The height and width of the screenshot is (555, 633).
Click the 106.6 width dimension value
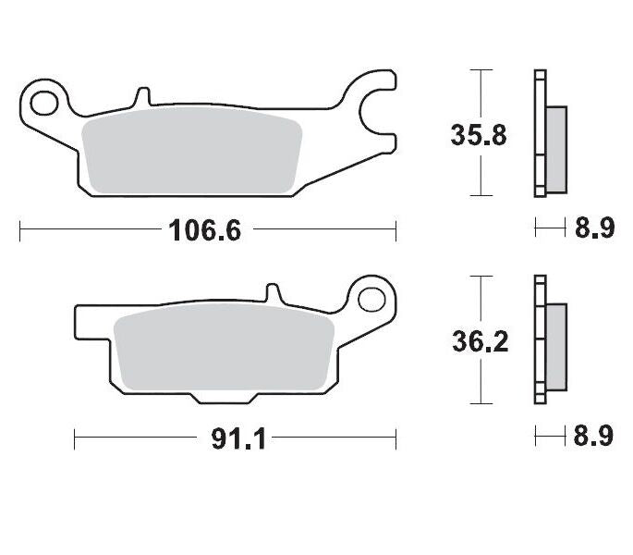[204, 229]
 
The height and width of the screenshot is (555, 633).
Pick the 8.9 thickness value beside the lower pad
[594, 436]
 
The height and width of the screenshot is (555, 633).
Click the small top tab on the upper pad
[141, 96]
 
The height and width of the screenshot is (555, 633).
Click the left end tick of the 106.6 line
[20, 229]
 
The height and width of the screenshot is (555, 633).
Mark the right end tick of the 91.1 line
[396, 438]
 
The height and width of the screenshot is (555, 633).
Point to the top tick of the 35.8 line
[478, 69]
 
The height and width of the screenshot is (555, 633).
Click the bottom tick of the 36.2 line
[478, 403]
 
